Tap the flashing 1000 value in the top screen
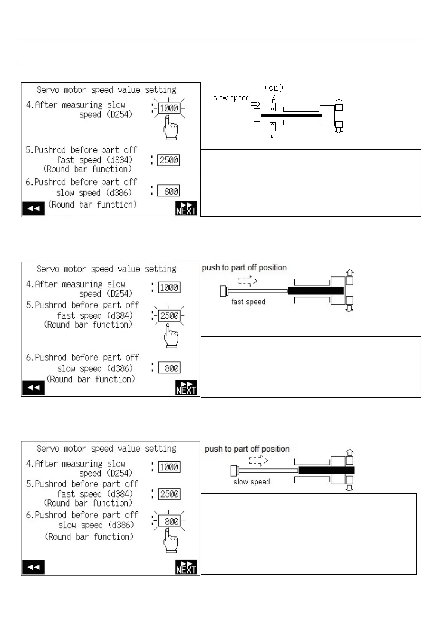click(x=169, y=108)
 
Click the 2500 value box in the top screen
click(x=169, y=160)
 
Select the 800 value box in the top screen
click(x=169, y=191)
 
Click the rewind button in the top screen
click(x=33, y=208)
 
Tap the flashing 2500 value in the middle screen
click(x=169, y=316)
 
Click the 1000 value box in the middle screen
click(x=169, y=287)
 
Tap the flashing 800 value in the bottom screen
click(x=169, y=521)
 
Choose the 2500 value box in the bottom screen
click(x=169, y=494)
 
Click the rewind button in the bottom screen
click(x=33, y=567)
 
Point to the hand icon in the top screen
click(x=170, y=128)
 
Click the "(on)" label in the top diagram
click(x=273, y=88)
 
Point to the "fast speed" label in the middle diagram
click(x=248, y=302)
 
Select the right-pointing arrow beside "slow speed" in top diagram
click(x=255, y=103)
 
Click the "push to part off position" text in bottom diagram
click(x=247, y=449)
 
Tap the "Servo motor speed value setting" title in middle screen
click(x=107, y=269)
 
